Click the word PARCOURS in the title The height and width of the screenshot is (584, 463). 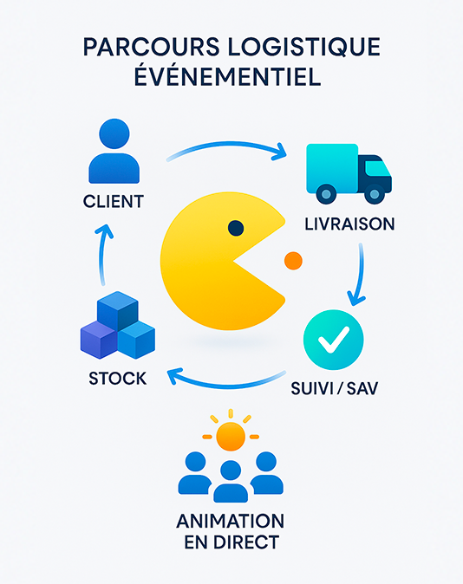[151, 47]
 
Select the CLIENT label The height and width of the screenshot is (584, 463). [114, 202]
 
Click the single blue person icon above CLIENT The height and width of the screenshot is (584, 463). [114, 151]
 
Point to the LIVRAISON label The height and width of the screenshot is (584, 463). [349, 224]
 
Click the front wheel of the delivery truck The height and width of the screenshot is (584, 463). [375, 194]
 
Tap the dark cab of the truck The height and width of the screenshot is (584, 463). [375, 174]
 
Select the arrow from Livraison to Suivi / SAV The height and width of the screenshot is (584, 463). [361, 274]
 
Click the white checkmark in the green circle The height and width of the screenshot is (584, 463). [334, 340]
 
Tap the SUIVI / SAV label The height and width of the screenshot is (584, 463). [335, 388]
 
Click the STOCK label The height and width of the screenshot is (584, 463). [117, 379]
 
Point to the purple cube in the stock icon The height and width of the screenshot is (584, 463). [99, 340]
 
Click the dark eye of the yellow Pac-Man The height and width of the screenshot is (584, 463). [236, 228]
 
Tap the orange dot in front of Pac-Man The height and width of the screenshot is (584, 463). [293, 261]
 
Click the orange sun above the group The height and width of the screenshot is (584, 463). [231, 435]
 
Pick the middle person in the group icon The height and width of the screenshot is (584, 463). [231, 481]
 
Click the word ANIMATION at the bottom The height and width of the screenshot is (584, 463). [231, 521]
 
